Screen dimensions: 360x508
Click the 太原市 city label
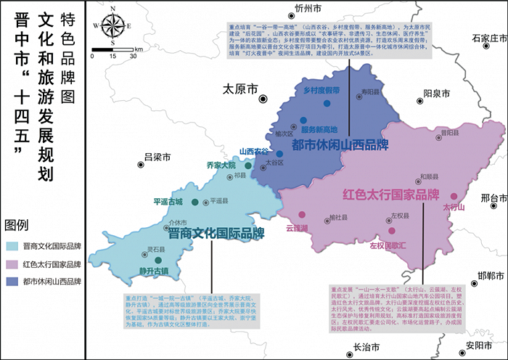240,90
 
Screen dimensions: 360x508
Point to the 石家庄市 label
487,38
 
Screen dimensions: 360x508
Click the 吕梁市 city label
157,157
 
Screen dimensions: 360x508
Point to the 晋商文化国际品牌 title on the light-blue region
216,234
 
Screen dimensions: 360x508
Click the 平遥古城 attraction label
168,201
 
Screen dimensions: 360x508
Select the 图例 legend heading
16,224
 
